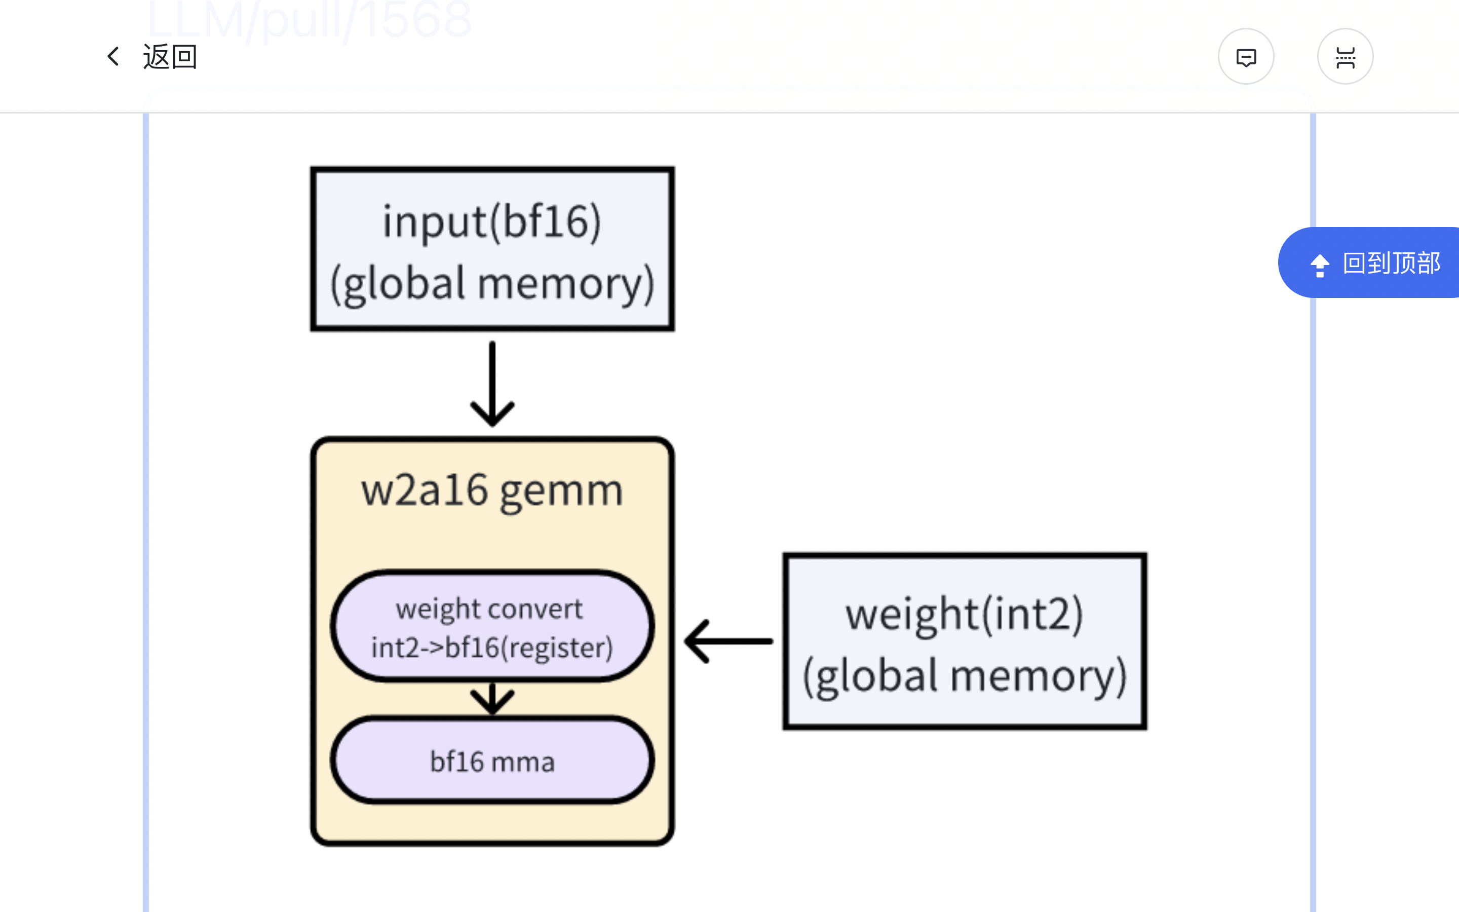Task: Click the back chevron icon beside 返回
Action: coord(113,57)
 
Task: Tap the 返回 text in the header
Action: coord(170,57)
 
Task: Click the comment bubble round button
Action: coord(1246,57)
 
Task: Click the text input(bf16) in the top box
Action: coord(492,222)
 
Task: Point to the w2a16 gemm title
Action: coord(492,491)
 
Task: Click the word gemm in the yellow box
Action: coord(561,492)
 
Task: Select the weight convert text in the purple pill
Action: coord(489,609)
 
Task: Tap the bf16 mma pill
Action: coord(492,761)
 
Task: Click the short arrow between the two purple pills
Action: coord(492,699)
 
